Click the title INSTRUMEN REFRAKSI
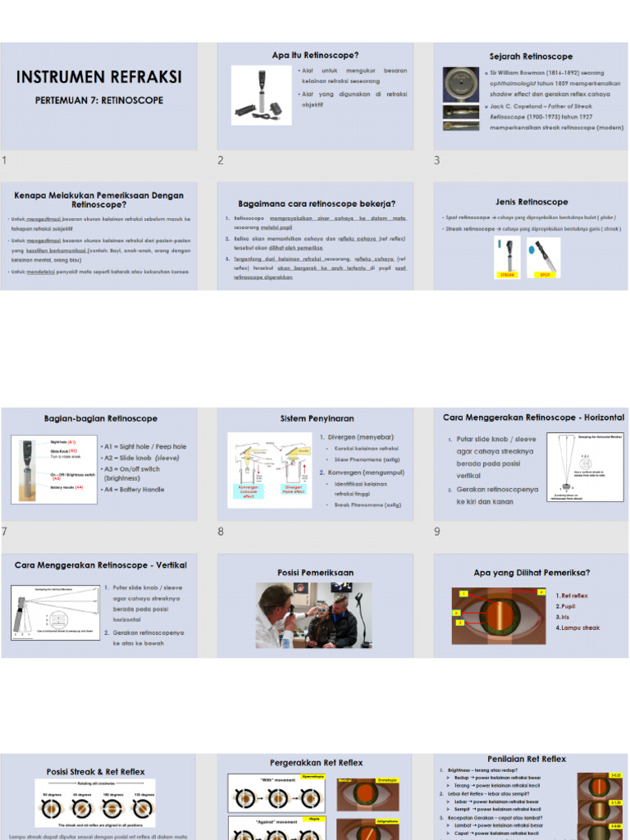tap(99, 78)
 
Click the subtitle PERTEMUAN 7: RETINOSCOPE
tap(99, 101)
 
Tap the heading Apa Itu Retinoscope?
tap(315, 55)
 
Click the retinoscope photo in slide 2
tap(261, 95)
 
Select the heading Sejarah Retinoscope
tap(531, 57)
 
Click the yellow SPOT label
tap(543, 276)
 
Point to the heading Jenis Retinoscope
tap(531, 202)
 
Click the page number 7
tap(5, 532)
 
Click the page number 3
tap(437, 160)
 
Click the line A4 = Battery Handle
tap(131, 490)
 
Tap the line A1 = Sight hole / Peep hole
tap(143, 447)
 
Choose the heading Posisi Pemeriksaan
tap(315, 573)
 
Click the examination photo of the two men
tap(313, 615)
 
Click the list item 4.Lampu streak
tap(577, 628)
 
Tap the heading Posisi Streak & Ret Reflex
tap(95, 772)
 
